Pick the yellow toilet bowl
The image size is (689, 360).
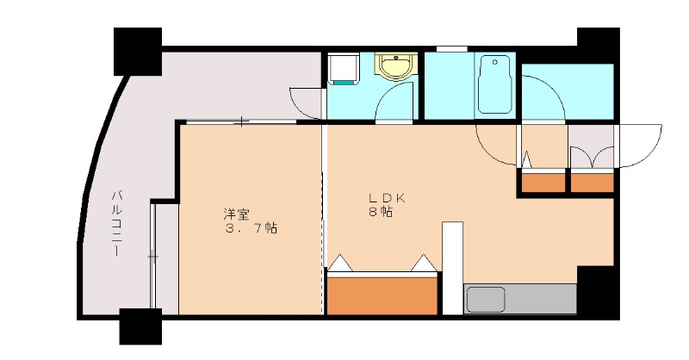(396, 66)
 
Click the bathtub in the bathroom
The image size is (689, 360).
(496, 84)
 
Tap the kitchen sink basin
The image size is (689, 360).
(486, 300)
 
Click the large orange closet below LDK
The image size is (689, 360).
(382, 295)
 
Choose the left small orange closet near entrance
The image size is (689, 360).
(542, 182)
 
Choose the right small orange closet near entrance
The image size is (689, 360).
(593, 182)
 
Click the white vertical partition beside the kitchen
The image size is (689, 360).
(452, 269)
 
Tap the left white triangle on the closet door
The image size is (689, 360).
(340, 262)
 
